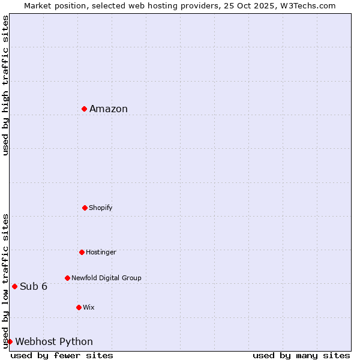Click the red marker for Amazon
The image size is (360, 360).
coord(85,109)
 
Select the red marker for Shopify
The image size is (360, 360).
coord(85,208)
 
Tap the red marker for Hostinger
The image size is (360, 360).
coord(82,252)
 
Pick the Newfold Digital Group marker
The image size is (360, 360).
coord(67,278)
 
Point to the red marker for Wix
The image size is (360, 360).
coord(79,307)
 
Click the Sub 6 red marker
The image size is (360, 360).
coord(14,286)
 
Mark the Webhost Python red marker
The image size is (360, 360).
coord(10,341)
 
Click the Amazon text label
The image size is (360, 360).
coord(109,109)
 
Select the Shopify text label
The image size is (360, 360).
coord(101,208)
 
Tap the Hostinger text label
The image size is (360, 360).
coord(101,252)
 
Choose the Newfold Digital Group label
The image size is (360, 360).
coord(106,278)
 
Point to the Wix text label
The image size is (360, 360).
coord(89,307)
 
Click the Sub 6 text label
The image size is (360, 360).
coord(34,286)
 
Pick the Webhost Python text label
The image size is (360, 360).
coord(54,342)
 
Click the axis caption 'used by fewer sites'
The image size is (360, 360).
coord(62,355)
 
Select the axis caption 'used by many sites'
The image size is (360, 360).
coord(301,355)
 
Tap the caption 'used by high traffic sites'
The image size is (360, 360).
coord(5,85)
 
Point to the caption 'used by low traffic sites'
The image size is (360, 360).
coord(5,281)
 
